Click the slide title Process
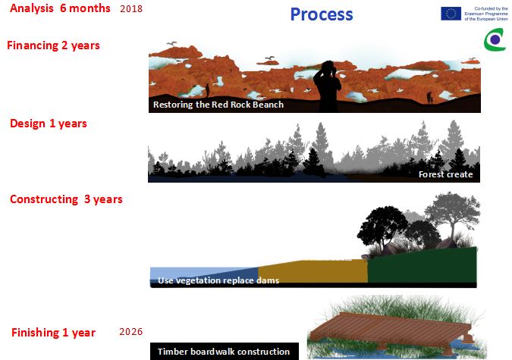coord(322,14)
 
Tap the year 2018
coord(131,9)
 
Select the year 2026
coord(131,332)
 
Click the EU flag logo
coord(451,14)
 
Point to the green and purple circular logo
coord(495,40)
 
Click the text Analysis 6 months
coord(60,8)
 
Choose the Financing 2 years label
coord(53,45)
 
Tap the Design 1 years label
coord(49,124)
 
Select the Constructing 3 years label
coord(66,199)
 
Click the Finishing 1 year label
coord(54,333)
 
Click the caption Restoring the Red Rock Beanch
coord(218,105)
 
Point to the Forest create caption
coord(446,174)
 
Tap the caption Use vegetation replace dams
coord(218,280)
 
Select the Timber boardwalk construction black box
coord(225,351)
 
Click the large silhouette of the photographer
coord(328,86)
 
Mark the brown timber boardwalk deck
coord(390,330)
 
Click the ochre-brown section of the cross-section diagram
coord(313,271)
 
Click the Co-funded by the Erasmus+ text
coord(486,14)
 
